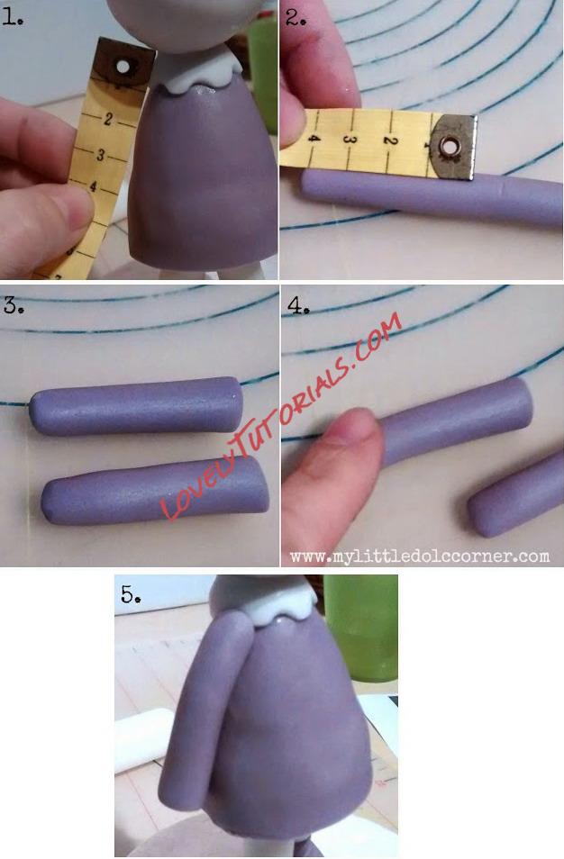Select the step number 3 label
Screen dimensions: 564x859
[13, 305]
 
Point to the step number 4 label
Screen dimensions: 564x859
[296, 305]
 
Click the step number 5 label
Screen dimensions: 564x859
[130, 593]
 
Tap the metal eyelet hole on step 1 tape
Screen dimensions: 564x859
[123, 67]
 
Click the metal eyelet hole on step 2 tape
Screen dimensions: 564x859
[450, 147]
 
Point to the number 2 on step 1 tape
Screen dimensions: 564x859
[107, 119]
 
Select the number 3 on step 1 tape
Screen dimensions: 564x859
[100, 155]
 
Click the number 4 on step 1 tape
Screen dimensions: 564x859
[93, 186]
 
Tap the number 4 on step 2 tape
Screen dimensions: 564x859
[313, 138]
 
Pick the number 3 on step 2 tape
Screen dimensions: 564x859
[350, 139]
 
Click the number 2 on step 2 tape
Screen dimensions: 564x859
[388, 140]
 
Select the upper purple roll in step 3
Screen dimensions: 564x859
[136, 406]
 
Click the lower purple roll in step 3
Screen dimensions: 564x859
[155, 492]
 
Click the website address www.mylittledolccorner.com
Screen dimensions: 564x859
[420, 557]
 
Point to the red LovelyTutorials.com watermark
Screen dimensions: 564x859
[281, 416]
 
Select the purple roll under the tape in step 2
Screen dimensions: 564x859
[432, 199]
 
